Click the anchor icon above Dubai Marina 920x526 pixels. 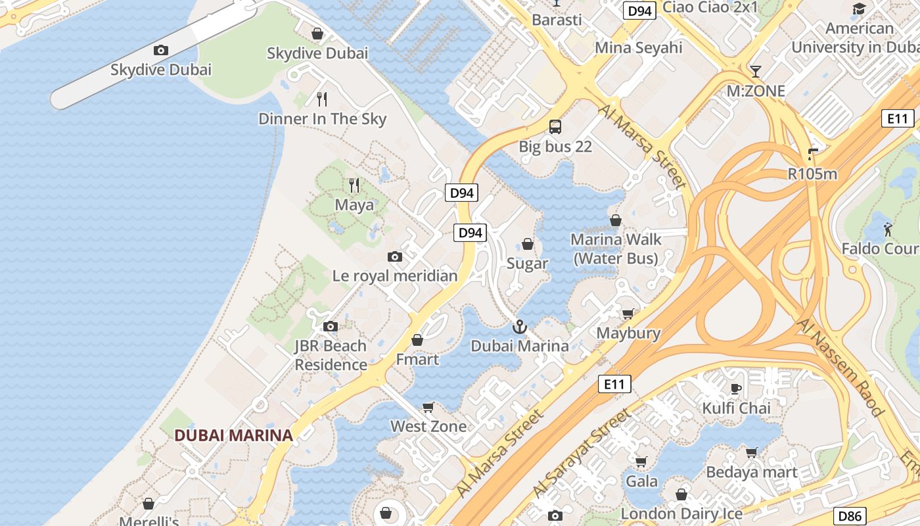click(x=520, y=326)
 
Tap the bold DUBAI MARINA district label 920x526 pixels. click(x=233, y=435)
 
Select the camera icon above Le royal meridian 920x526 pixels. click(x=395, y=256)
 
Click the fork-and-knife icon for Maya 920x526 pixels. click(x=354, y=185)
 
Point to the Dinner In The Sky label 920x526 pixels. click(x=322, y=119)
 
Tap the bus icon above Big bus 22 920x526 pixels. click(x=555, y=127)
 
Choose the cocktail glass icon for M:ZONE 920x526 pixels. click(x=756, y=71)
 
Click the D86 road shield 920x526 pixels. click(x=849, y=516)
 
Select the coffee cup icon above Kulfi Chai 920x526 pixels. click(x=736, y=389)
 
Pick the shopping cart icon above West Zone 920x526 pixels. click(x=428, y=407)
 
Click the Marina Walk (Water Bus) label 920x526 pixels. click(x=616, y=249)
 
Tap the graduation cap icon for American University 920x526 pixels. click(x=859, y=9)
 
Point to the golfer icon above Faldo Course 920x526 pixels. click(x=888, y=229)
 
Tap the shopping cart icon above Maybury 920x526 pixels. click(x=628, y=314)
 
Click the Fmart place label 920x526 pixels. click(x=417, y=360)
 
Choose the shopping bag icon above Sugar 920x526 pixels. click(x=527, y=245)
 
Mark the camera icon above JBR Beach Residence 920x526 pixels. click(x=331, y=326)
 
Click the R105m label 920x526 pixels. click(x=812, y=174)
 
